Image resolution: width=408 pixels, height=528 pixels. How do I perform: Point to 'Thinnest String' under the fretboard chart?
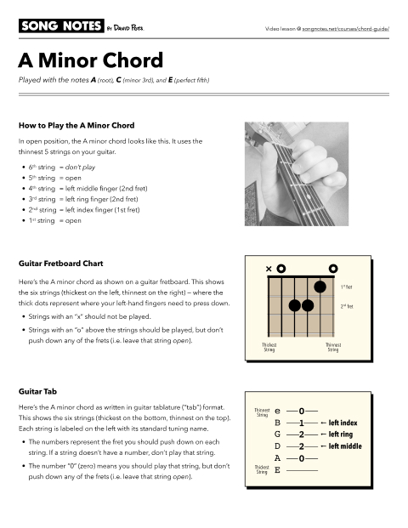tap(332, 347)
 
